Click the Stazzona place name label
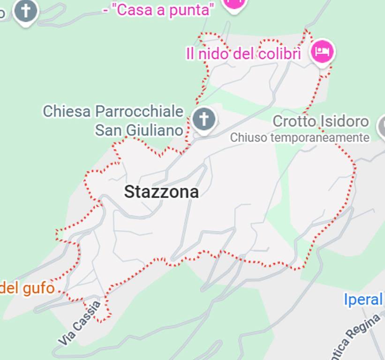pyautogui.click(x=161, y=192)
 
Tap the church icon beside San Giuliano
pyautogui.click(x=204, y=119)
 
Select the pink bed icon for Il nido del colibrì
pyautogui.click(x=322, y=51)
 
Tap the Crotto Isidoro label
pyautogui.click(x=321, y=121)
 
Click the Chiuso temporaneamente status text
pyautogui.click(x=299, y=138)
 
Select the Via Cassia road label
pyautogui.click(x=80, y=323)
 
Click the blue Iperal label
pyautogui.click(x=363, y=299)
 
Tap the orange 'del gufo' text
pyautogui.click(x=27, y=287)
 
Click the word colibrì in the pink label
pyautogui.click(x=279, y=54)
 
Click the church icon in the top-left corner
pyautogui.click(x=25, y=10)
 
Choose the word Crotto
pyautogui.click(x=294, y=121)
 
